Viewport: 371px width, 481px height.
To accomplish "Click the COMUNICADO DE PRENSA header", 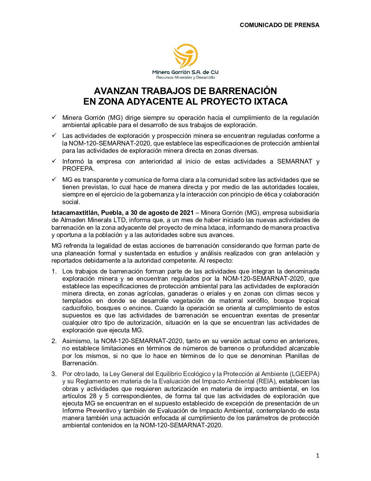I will pyautogui.click(x=279, y=25).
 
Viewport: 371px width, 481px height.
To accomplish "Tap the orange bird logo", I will pyautogui.click(x=186, y=56).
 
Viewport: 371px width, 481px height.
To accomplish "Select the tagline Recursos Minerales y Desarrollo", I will pyautogui.click(x=186, y=78).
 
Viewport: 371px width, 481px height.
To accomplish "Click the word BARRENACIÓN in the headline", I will pyautogui.click(x=243, y=91).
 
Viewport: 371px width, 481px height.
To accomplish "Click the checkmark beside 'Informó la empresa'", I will pyautogui.click(x=54, y=161).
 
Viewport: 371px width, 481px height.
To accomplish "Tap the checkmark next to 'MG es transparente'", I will pyautogui.click(x=54, y=179).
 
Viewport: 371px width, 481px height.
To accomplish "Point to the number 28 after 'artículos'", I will pyautogui.click(x=93, y=396).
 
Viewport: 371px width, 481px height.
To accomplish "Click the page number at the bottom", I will pyautogui.click(x=317, y=456).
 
